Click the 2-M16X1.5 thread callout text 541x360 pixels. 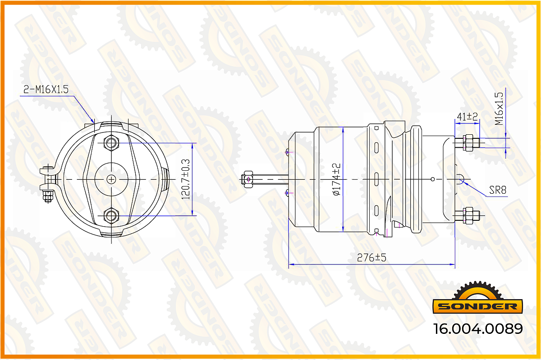[46, 89]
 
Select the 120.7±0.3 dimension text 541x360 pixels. [186, 179]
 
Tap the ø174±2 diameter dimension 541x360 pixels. [336, 179]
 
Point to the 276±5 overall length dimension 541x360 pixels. [371, 258]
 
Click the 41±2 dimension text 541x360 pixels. [467, 117]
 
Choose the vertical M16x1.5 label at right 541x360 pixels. [499, 109]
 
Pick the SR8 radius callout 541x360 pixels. [498, 190]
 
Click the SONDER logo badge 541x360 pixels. [477, 298]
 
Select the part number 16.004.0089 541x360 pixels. [478, 329]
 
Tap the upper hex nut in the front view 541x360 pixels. [111, 143]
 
